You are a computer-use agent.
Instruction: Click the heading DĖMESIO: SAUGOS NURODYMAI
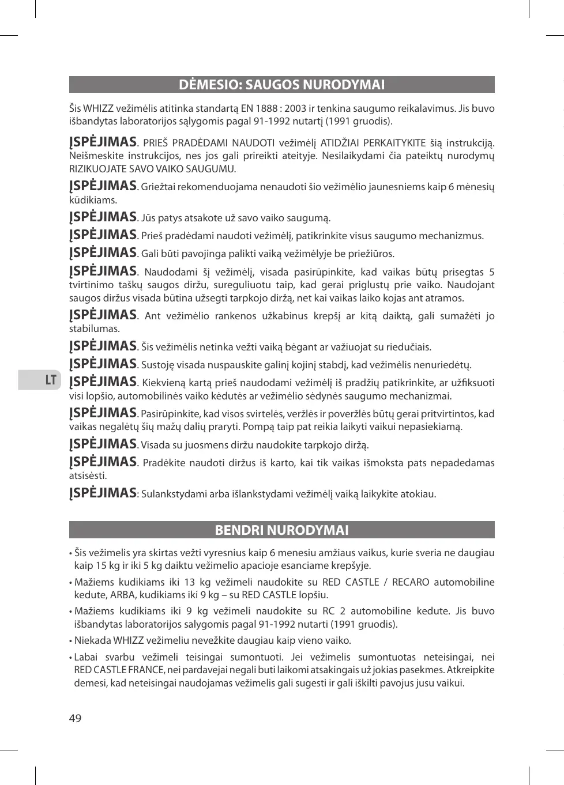point(281,85)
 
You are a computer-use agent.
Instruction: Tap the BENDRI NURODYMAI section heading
point(281,530)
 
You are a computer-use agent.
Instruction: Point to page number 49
point(76,718)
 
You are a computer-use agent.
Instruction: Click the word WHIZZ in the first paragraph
point(99,108)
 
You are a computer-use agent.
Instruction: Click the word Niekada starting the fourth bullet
point(92,640)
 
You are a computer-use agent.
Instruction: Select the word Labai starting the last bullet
point(86,657)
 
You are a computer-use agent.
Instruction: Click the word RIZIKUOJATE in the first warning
point(95,169)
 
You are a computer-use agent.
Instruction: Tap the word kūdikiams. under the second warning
point(93,201)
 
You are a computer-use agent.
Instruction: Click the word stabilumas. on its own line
point(95,329)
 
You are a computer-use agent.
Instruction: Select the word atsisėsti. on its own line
point(88,476)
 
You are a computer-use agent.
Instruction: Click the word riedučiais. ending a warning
point(409,347)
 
